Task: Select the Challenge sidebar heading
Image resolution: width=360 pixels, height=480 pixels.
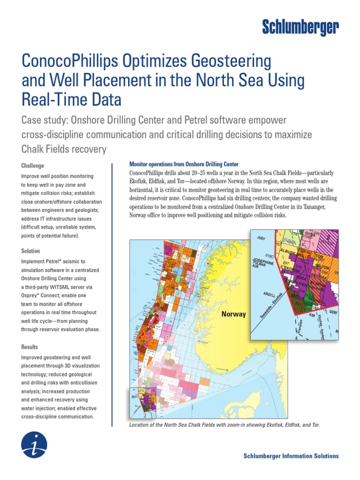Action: pos(33,165)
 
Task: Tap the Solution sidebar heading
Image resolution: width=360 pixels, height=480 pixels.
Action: pos(31,251)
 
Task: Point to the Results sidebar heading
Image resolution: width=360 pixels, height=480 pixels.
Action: pos(30,347)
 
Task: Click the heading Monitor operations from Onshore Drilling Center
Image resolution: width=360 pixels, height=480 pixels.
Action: pos(184,165)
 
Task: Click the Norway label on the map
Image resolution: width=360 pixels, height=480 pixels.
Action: pos(233,314)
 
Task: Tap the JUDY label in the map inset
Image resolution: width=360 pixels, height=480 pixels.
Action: pos(261,238)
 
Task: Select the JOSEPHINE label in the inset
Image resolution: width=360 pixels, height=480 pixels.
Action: pos(262,262)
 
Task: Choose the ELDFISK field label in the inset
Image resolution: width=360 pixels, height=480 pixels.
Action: pos(318,284)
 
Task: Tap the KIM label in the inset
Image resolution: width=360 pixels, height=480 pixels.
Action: pos(311,315)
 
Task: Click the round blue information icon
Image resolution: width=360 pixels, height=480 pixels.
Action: pos(34,445)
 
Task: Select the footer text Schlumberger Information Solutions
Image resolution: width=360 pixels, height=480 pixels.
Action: pos(291,456)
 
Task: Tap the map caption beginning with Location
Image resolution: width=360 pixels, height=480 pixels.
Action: pos(224,424)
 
